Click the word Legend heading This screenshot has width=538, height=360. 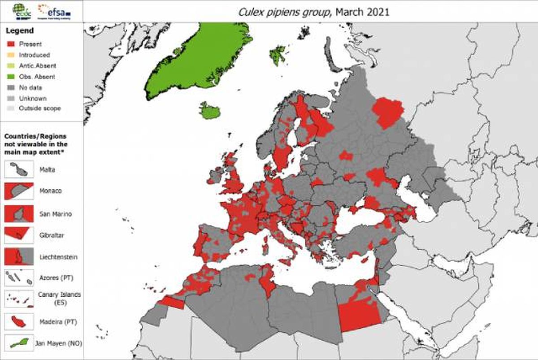[19, 30]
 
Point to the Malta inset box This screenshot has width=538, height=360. [19, 169]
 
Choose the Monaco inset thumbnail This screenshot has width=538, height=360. [19, 191]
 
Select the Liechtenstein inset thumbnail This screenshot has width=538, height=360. [19, 256]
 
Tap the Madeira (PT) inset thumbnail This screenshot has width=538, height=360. [19, 321]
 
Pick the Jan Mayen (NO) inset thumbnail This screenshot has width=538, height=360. [19, 343]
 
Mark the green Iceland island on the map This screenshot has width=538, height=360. [210, 110]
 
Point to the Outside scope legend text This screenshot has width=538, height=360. [40, 108]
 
